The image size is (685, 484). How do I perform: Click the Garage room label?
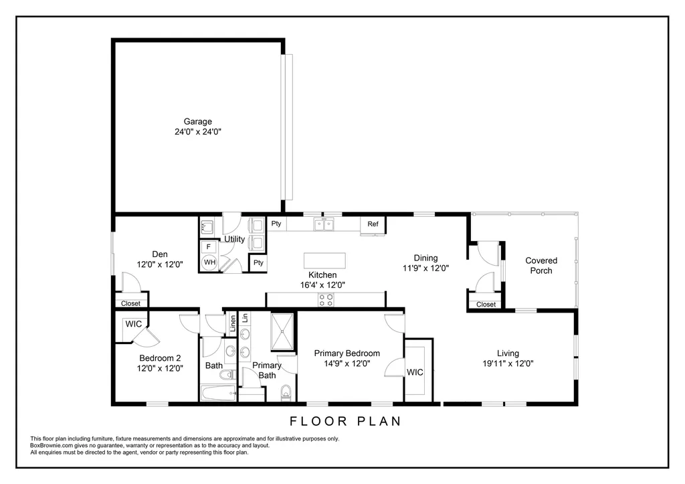[x=197, y=122]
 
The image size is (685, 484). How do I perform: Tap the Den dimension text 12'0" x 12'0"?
[x=160, y=264]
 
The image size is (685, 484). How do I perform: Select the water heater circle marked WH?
[x=209, y=262]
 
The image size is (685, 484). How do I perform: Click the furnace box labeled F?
[x=209, y=246]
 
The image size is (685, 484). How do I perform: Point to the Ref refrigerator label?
[x=373, y=224]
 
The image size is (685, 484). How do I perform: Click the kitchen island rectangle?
[x=324, y=260]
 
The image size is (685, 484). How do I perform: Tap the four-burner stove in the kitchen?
[x=326, y=300]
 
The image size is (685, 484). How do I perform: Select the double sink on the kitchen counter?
[x=324, y=225]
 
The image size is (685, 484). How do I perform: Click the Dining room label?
[x=426, y=258]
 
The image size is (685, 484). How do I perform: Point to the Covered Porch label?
[x=541, y=265]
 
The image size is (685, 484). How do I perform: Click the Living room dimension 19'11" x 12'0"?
[x=508, y=364]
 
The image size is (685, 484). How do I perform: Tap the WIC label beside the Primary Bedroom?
[x=415, y=372]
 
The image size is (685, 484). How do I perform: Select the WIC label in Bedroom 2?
[x=133, y=324]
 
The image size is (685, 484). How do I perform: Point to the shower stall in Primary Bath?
[x=282, y=331]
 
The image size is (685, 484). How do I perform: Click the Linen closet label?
[x=233, y=323]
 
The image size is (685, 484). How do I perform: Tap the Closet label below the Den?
[x=130, y=303]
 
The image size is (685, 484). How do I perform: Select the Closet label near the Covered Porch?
[x=486, y=305]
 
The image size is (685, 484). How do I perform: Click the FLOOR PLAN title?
[x=346, y=421]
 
